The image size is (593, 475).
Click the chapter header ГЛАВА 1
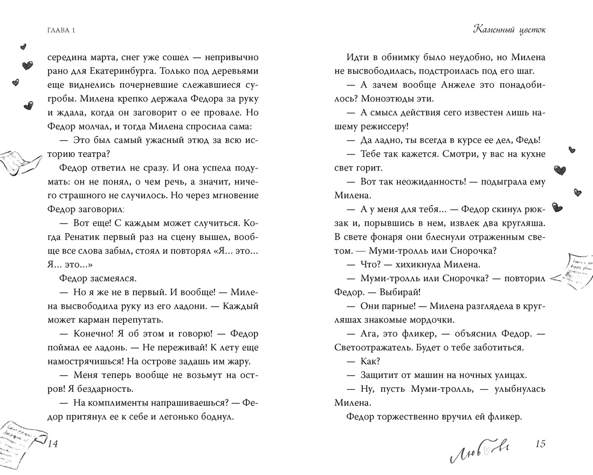[x=60, y=30]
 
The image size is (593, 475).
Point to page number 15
[x=541, y=444]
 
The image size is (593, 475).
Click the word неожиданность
[x=416, y=181]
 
